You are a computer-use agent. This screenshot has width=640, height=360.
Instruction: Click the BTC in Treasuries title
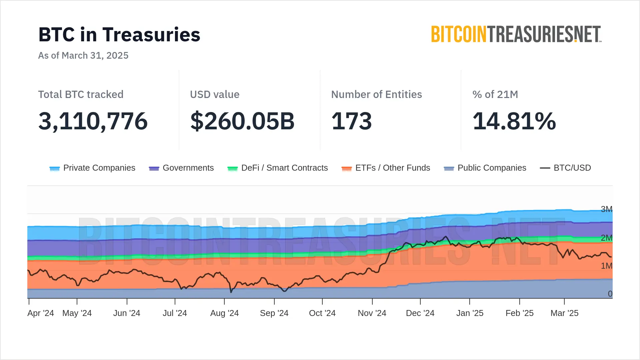tap(119, 35)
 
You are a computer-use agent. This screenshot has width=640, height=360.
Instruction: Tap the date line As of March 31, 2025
tap(83, 55)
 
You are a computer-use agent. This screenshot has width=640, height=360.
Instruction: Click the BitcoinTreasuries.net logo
tap(516, 34)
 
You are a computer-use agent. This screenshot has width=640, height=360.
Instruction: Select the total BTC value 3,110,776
tap(93, 121)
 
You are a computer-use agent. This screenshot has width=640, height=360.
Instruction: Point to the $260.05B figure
tap(242, 121)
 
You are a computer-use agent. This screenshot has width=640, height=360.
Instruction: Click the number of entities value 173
tap(351, 121)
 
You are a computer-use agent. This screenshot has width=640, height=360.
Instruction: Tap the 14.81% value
tap(514, 121)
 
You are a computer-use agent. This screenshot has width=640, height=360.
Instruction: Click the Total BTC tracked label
tap(81, 94)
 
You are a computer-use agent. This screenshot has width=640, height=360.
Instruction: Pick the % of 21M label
tap(495, 94)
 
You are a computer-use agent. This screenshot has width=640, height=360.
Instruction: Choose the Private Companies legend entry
tap(92, 168)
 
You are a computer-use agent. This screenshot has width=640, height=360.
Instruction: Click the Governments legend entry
tap(181, 168)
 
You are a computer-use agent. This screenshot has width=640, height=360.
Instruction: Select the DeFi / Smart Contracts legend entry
tap(277, 168)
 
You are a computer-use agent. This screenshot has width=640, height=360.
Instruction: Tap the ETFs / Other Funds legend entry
tap(386, 168)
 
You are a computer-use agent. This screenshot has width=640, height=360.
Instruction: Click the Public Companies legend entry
tap(485, 168)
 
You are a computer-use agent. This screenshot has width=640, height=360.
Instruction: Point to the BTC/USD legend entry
tap(565, 168)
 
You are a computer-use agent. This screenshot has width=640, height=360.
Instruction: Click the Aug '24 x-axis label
tap(224, 313)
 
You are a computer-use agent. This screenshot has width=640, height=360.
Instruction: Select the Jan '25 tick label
tap(470, 313)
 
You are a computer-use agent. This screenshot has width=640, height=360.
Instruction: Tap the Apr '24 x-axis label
tap(41, 313)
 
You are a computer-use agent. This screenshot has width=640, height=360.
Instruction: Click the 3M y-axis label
tap(606, 209)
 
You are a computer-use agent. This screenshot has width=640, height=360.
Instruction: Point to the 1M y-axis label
tap(606, 266)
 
